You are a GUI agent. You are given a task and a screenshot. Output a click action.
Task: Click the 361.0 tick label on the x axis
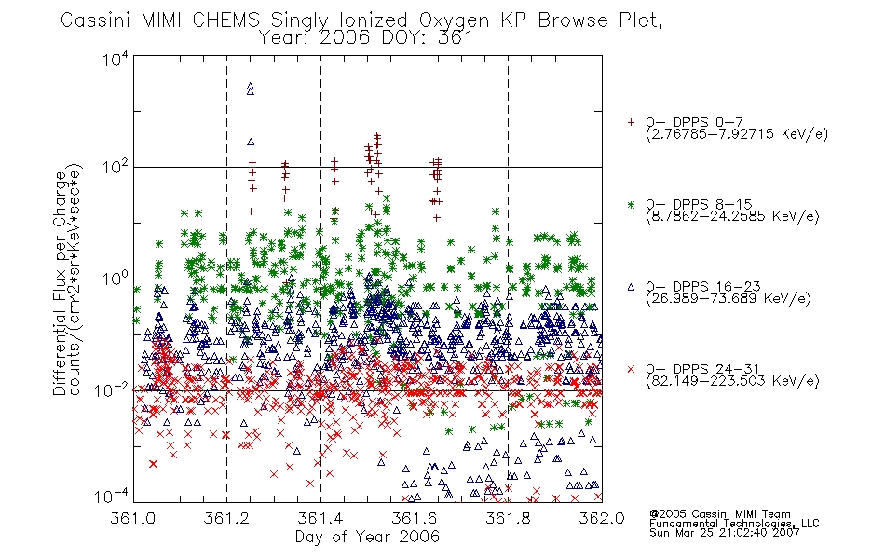click(132, 518)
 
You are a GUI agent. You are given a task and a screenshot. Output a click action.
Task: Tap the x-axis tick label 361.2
click(226, 518)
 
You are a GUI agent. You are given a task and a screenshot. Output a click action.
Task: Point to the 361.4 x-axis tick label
click(320, 518)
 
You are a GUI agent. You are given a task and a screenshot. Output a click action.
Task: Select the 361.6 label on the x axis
click(415, 518)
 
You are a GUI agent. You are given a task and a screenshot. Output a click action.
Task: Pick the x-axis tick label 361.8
click(508, 518)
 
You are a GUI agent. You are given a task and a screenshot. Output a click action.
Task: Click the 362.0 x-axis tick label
click(602, 518)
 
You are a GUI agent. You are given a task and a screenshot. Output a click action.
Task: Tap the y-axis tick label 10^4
click(116, 59)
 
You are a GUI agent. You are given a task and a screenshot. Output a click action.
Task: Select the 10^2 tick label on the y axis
click(116, 167)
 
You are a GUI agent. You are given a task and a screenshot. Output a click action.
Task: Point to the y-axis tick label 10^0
click(116, 279)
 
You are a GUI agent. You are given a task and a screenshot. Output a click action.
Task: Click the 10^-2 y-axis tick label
click(113, 390)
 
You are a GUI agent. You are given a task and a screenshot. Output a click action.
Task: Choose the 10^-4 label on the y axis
click(113, 497)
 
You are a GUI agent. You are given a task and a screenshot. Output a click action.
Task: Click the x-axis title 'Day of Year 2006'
click(367, 537)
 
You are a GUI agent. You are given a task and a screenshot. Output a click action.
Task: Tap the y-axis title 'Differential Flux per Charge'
click(60, 282)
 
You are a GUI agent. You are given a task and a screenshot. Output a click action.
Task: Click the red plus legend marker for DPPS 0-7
click(631, 122)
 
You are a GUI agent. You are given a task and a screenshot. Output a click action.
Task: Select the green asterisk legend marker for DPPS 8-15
click(631, 204)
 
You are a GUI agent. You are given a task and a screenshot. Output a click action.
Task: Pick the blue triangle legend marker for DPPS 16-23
click(631, 287)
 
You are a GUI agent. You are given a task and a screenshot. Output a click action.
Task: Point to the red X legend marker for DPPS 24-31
click(631, 369)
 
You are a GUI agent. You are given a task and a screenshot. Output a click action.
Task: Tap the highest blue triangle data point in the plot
click(251, 87)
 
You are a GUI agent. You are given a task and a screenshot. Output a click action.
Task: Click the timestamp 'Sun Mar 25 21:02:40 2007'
click(724, 533)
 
